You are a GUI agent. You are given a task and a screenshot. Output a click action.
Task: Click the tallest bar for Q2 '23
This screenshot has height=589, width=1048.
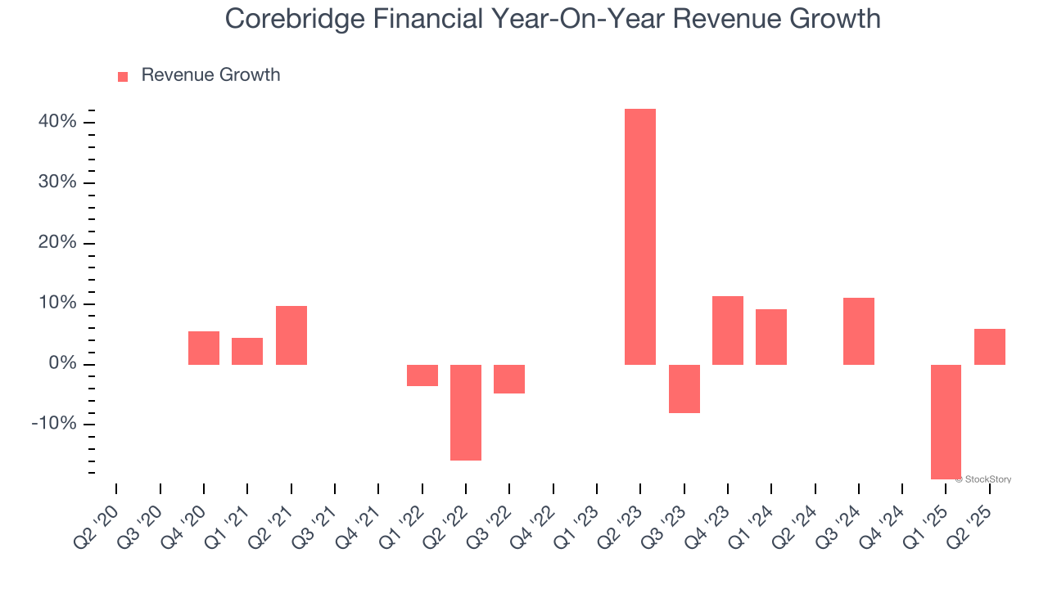point(640,236)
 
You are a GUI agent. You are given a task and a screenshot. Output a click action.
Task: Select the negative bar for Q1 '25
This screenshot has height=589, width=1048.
point(946,421)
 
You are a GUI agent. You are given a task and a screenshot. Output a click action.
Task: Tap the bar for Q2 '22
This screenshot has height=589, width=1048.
point(466,412)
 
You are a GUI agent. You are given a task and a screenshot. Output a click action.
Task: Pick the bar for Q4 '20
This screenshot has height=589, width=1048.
point(204,348)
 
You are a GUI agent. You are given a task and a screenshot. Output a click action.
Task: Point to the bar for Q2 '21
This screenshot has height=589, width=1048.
point(291,335)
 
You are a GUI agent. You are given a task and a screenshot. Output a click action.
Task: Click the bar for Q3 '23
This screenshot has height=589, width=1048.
point(684,389)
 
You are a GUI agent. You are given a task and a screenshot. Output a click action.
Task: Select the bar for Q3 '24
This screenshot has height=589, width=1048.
point(859,331)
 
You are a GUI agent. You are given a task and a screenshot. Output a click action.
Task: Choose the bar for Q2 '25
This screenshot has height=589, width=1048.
point(989,347)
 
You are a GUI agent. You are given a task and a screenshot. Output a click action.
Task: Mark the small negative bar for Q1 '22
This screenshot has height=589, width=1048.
point(422,375)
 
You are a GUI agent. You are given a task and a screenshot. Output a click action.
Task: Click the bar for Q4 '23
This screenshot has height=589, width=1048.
point(728,330)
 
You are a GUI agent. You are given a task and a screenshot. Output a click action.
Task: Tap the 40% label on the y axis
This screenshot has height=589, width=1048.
point(56,122)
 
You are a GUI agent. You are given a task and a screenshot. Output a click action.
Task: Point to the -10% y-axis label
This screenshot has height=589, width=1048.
point(54,425)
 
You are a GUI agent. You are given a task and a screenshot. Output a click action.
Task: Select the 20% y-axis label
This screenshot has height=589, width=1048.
point(56,243)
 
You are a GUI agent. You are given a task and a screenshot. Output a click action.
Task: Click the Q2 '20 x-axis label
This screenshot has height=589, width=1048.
point(97,530)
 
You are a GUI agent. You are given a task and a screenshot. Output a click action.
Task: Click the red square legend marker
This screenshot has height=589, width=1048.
point(123,77)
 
